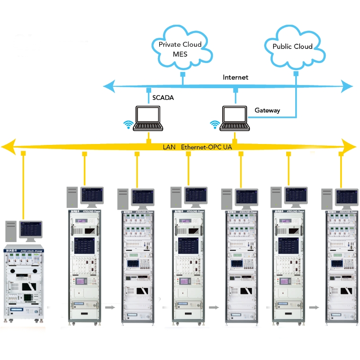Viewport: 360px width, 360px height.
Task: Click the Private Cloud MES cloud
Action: (180, 49)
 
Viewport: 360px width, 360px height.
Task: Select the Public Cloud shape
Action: (293, 46)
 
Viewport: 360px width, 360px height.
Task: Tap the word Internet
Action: (235, 77)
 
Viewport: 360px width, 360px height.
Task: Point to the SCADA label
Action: (163, 97)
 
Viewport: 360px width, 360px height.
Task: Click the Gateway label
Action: (267, 110)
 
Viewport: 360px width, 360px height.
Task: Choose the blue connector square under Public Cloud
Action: (296, 73)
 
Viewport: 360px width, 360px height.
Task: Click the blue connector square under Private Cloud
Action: (183, 73)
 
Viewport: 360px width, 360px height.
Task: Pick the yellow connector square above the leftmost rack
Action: (22, 154)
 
